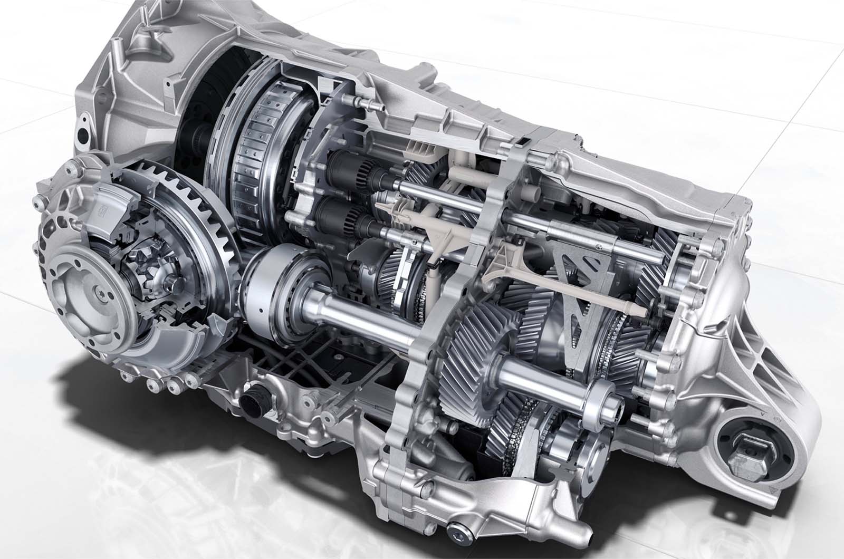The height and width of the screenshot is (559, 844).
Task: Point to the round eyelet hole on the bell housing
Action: click(x=83, y=131)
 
